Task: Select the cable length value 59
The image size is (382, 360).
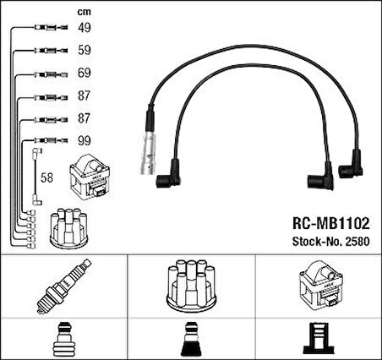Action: tap(85, 51)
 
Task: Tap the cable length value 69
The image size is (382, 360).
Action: tap(85, 74)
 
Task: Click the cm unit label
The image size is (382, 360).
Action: tap(84, 12)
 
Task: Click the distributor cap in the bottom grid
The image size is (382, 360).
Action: tap(191, 288)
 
